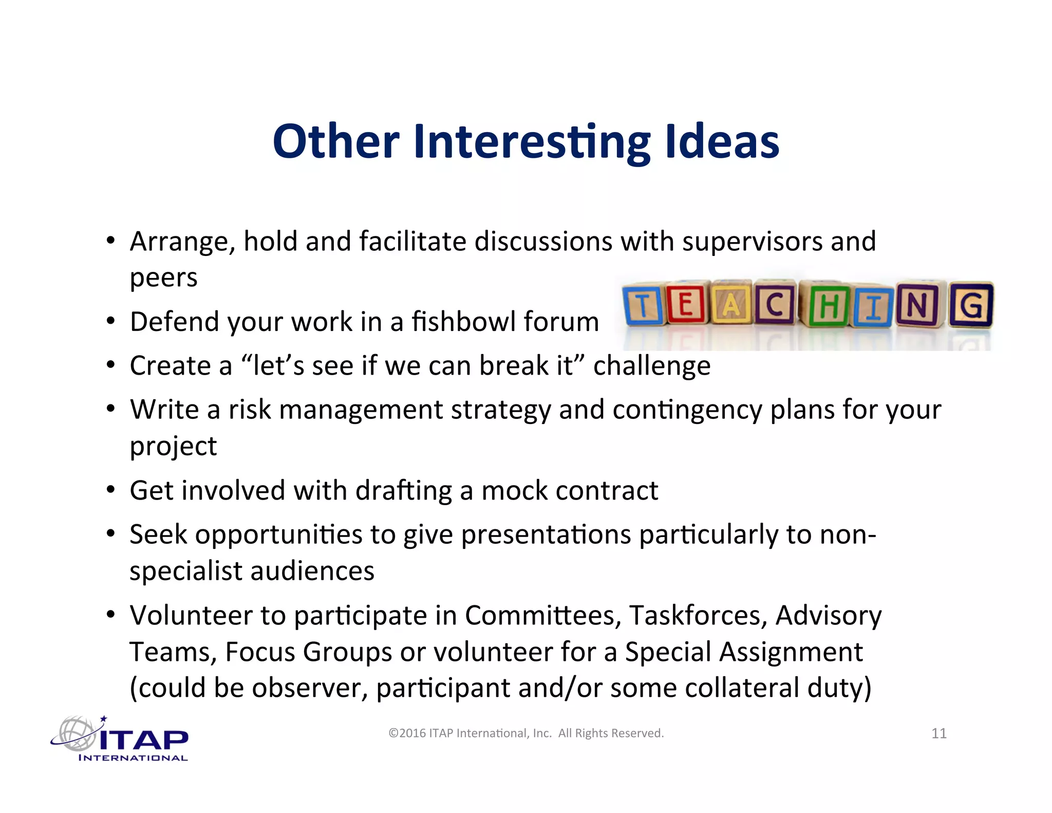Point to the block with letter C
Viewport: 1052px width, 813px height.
(775, 304)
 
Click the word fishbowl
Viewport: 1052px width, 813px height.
(463, 322)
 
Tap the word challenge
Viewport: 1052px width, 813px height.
(651, 366)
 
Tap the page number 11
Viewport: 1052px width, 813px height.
(938, 733)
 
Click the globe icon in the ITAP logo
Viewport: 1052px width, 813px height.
(76, 733)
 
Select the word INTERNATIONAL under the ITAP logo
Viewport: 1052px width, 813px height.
(133, 758)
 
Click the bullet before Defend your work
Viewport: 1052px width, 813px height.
(110, 322)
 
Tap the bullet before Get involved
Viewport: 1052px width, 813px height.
(110, 490)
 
